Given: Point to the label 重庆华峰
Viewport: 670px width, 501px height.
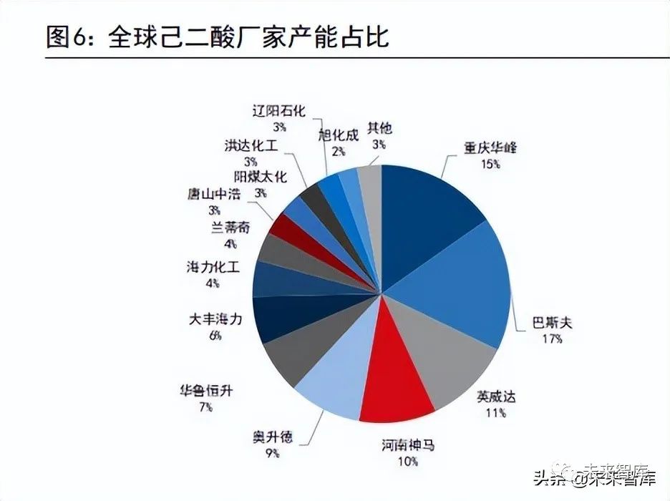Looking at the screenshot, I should (x=490, y=148).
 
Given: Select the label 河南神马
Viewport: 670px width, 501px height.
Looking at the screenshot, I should (x=407, y=446).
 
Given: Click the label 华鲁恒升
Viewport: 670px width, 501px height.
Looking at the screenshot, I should (x=206, y=391).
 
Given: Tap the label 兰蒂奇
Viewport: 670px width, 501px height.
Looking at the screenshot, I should (x=230, y=228).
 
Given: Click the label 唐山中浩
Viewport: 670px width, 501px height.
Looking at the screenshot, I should (x=214, y=195).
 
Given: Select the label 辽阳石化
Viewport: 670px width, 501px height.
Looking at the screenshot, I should (x=278, y=111).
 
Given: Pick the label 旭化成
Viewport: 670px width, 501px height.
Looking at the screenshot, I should (x=338, y=135).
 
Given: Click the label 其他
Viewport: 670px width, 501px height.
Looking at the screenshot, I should (x=379, y=128).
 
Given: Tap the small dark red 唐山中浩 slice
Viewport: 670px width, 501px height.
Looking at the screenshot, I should (x=278, y=228).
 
